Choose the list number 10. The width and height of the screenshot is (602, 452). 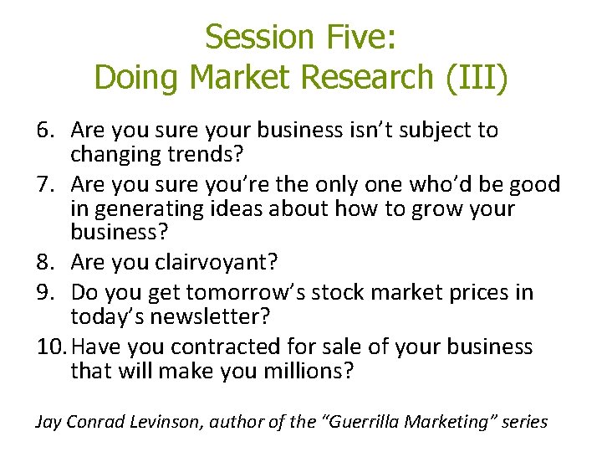[x=50, y=347]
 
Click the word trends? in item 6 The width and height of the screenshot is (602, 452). [x=201, y=156]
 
